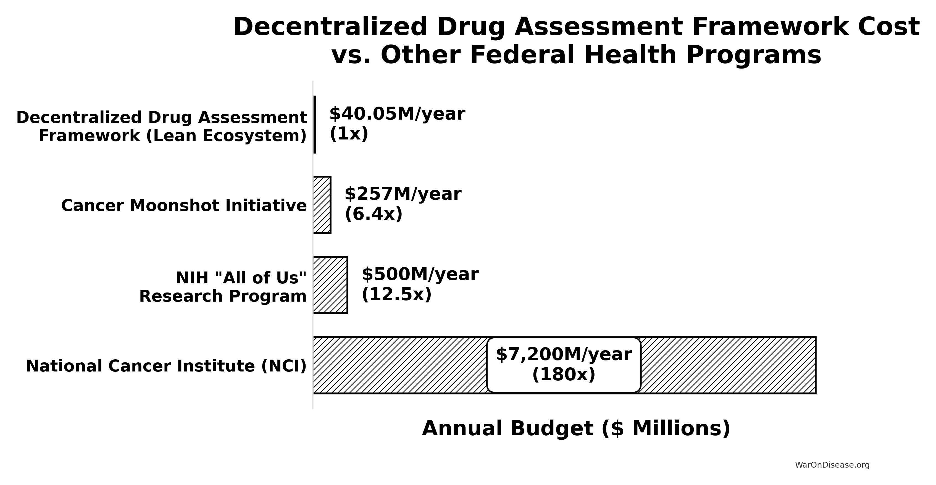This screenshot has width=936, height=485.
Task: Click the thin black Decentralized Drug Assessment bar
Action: (315, 125)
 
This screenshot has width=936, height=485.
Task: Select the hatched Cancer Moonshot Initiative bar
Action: (322, 205)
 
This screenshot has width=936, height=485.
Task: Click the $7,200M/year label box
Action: (564, 365)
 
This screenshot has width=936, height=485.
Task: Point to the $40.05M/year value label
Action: (397, 114)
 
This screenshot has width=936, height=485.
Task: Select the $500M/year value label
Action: (420, 274)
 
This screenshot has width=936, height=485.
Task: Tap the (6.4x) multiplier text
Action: (374, 214)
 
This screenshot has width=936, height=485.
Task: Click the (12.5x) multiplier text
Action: (396, 294)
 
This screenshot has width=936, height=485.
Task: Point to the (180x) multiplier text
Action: (564, 375)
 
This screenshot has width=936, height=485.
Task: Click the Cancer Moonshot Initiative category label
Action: (184, 205)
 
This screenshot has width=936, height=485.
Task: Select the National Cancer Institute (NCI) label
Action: (166, 366)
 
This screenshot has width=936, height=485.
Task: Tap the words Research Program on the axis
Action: (223, 296)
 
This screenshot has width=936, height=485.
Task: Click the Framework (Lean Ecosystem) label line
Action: (173, 136)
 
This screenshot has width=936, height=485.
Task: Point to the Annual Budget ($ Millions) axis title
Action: (576, 428)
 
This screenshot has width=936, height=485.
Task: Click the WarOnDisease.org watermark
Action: (832, 465)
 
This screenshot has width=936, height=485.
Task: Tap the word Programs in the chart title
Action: (754, 56)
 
